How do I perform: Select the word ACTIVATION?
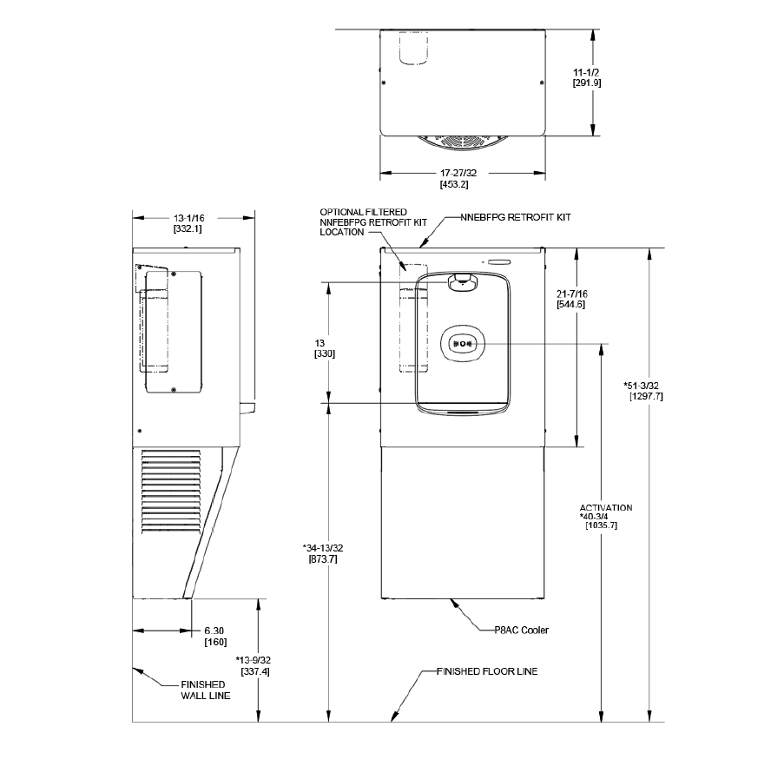tap(606, 507)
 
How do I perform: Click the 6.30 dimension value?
tap(215, 631)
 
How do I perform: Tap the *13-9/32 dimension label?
tap(254, 660)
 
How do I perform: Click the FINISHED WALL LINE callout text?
tap(202, 690)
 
